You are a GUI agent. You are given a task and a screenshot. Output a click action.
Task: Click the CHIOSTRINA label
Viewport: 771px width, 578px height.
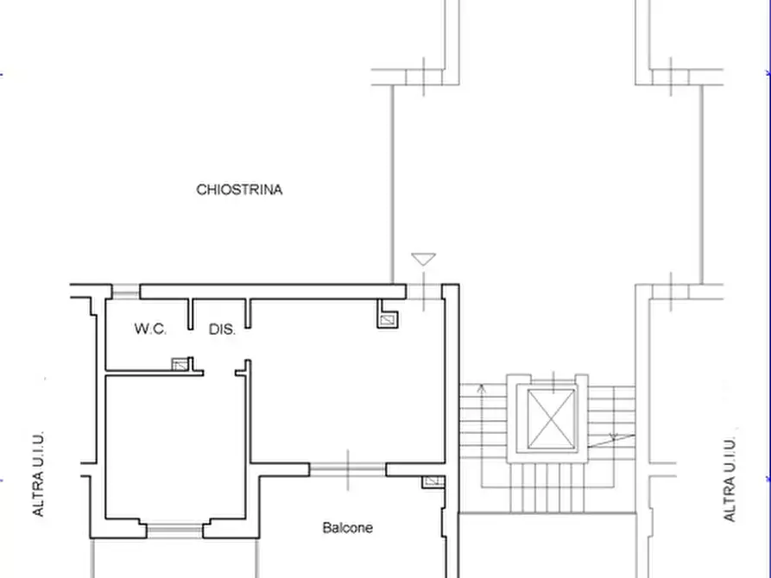(x=239, y=190)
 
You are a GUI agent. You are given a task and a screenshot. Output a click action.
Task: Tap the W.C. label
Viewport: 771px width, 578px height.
(x=150, y=329)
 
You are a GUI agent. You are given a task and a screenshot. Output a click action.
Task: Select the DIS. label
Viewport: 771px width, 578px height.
(x=222, y=330)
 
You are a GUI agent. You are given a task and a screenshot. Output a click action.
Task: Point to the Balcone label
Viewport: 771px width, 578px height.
(x=348, y=528)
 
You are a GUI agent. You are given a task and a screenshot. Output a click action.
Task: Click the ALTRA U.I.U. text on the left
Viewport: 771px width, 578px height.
(x=38, y=474)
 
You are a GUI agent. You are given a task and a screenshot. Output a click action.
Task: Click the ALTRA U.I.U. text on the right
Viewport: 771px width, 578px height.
(x=730, y=479)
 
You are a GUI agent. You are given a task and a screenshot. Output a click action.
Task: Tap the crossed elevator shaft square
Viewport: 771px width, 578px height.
(x=551, y=418)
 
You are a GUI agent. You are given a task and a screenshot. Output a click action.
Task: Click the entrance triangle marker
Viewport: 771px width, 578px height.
(x=423, y=259)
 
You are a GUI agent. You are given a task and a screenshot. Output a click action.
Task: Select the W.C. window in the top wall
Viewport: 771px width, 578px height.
(x=126, y=292)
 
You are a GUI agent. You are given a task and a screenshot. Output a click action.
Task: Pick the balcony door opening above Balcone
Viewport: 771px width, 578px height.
(x=348, y=470)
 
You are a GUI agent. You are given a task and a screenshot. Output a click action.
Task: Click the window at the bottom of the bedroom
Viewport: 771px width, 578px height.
(x=174, y=531)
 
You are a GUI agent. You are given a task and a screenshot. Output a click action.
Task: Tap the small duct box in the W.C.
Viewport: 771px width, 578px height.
(x=180, y=364)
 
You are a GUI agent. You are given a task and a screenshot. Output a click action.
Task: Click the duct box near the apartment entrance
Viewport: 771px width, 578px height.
(x=388, y=320)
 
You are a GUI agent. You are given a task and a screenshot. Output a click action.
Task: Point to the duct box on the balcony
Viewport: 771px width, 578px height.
(x=433, y=481)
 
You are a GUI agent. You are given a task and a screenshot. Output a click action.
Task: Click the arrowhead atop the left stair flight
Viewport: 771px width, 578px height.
(x=482, y=389)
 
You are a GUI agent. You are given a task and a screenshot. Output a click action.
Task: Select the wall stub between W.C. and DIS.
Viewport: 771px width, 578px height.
(x=191, y=313)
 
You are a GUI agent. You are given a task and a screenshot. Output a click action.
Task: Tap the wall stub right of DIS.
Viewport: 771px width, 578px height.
(x=249, y=313)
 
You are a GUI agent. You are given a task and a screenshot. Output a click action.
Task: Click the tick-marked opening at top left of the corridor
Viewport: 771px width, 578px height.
(x=424, y=77)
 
